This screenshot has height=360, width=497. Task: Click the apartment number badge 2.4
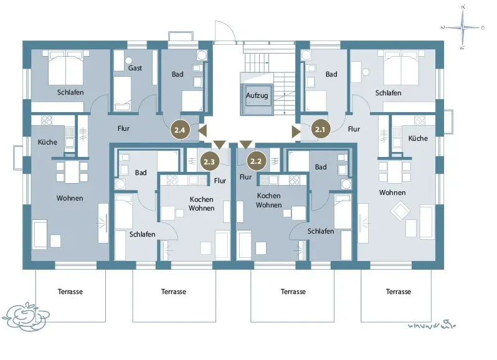pos(180,130)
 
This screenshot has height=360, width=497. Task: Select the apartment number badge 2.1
pos(320,130)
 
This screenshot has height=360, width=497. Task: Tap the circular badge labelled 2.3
pos(209,161)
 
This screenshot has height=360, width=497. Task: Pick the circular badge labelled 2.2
pos(256,161)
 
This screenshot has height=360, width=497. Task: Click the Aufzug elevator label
pos(257,95)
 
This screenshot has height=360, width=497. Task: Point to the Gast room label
pos(135,68)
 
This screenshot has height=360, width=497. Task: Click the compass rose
pos(463,27)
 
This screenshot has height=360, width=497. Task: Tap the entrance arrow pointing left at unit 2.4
pos(202,130)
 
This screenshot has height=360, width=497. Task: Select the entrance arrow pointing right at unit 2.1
pos(296,131)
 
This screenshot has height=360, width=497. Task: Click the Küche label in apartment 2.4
pos(47,142)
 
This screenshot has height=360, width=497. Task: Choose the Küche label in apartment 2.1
pos(418,138)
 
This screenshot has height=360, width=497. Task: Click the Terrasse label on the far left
pos(70,291)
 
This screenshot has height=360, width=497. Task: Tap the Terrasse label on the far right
pos(399,291)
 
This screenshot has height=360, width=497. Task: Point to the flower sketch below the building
pos(26,316)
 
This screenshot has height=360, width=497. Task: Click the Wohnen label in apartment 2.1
pos(392,192)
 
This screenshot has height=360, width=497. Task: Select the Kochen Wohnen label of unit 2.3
pos(202,204)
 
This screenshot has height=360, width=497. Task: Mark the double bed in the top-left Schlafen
pos(65,67)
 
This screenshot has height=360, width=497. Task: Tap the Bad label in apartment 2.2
pos(321,167)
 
